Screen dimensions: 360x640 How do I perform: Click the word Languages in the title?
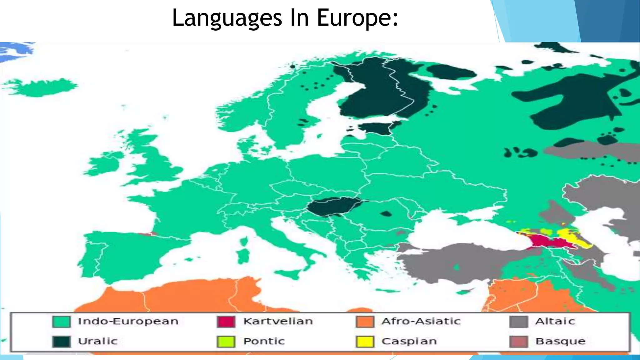coord(227,18)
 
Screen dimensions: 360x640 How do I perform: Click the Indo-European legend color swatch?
coord(61,322)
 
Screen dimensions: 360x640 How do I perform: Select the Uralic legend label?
coord(97,341)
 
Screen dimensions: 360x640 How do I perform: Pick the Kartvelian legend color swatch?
coord(226,322)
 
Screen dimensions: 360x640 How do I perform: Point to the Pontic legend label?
coord(264,341)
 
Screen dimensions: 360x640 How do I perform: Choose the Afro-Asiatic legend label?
coord(421,321)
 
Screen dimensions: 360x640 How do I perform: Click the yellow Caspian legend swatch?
coord(365,341)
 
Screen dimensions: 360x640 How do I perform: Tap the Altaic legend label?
coord(555,321)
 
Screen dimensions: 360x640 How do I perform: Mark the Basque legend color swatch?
coord(518,341)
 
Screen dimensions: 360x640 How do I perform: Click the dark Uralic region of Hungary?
coord(331,206)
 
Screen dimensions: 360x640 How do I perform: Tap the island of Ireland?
coord(103,164)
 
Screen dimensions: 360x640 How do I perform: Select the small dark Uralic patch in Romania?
coord(386,214)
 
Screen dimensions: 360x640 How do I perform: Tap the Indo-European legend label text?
coord(128,321)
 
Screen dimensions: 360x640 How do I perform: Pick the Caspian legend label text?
coord(409,341)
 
